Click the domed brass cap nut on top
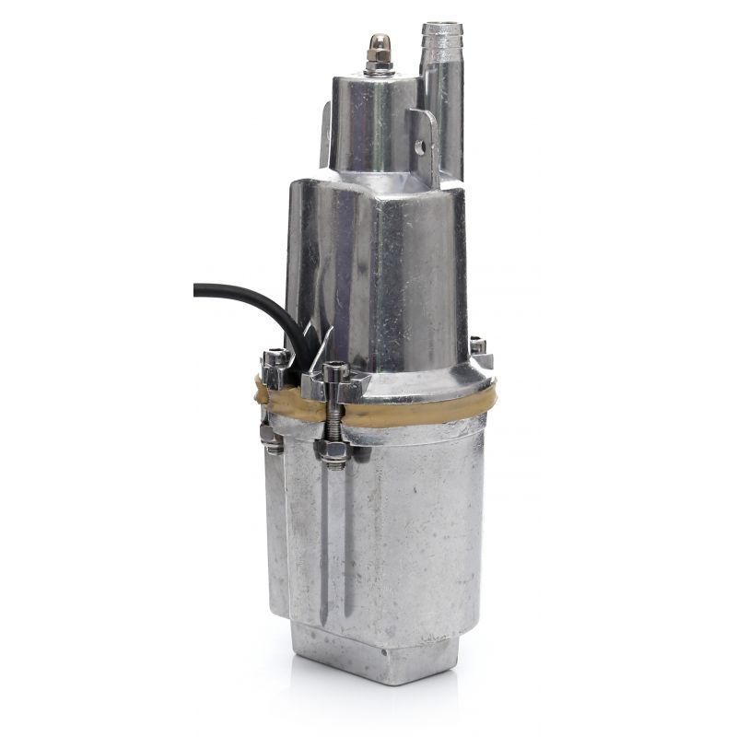(378, 46)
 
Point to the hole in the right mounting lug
(420, 146)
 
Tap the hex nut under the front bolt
(333, 451)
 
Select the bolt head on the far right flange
(478, 347)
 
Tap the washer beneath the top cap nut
(378, 71)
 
